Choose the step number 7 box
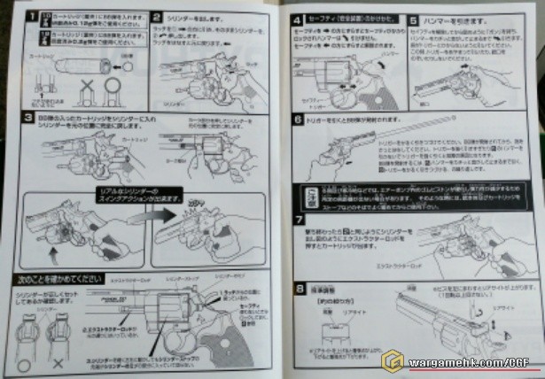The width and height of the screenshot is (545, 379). (x=298, y=218)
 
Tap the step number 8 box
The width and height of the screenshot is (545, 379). (x=298, y=286)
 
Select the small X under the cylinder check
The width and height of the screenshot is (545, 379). (x=59, y=363)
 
